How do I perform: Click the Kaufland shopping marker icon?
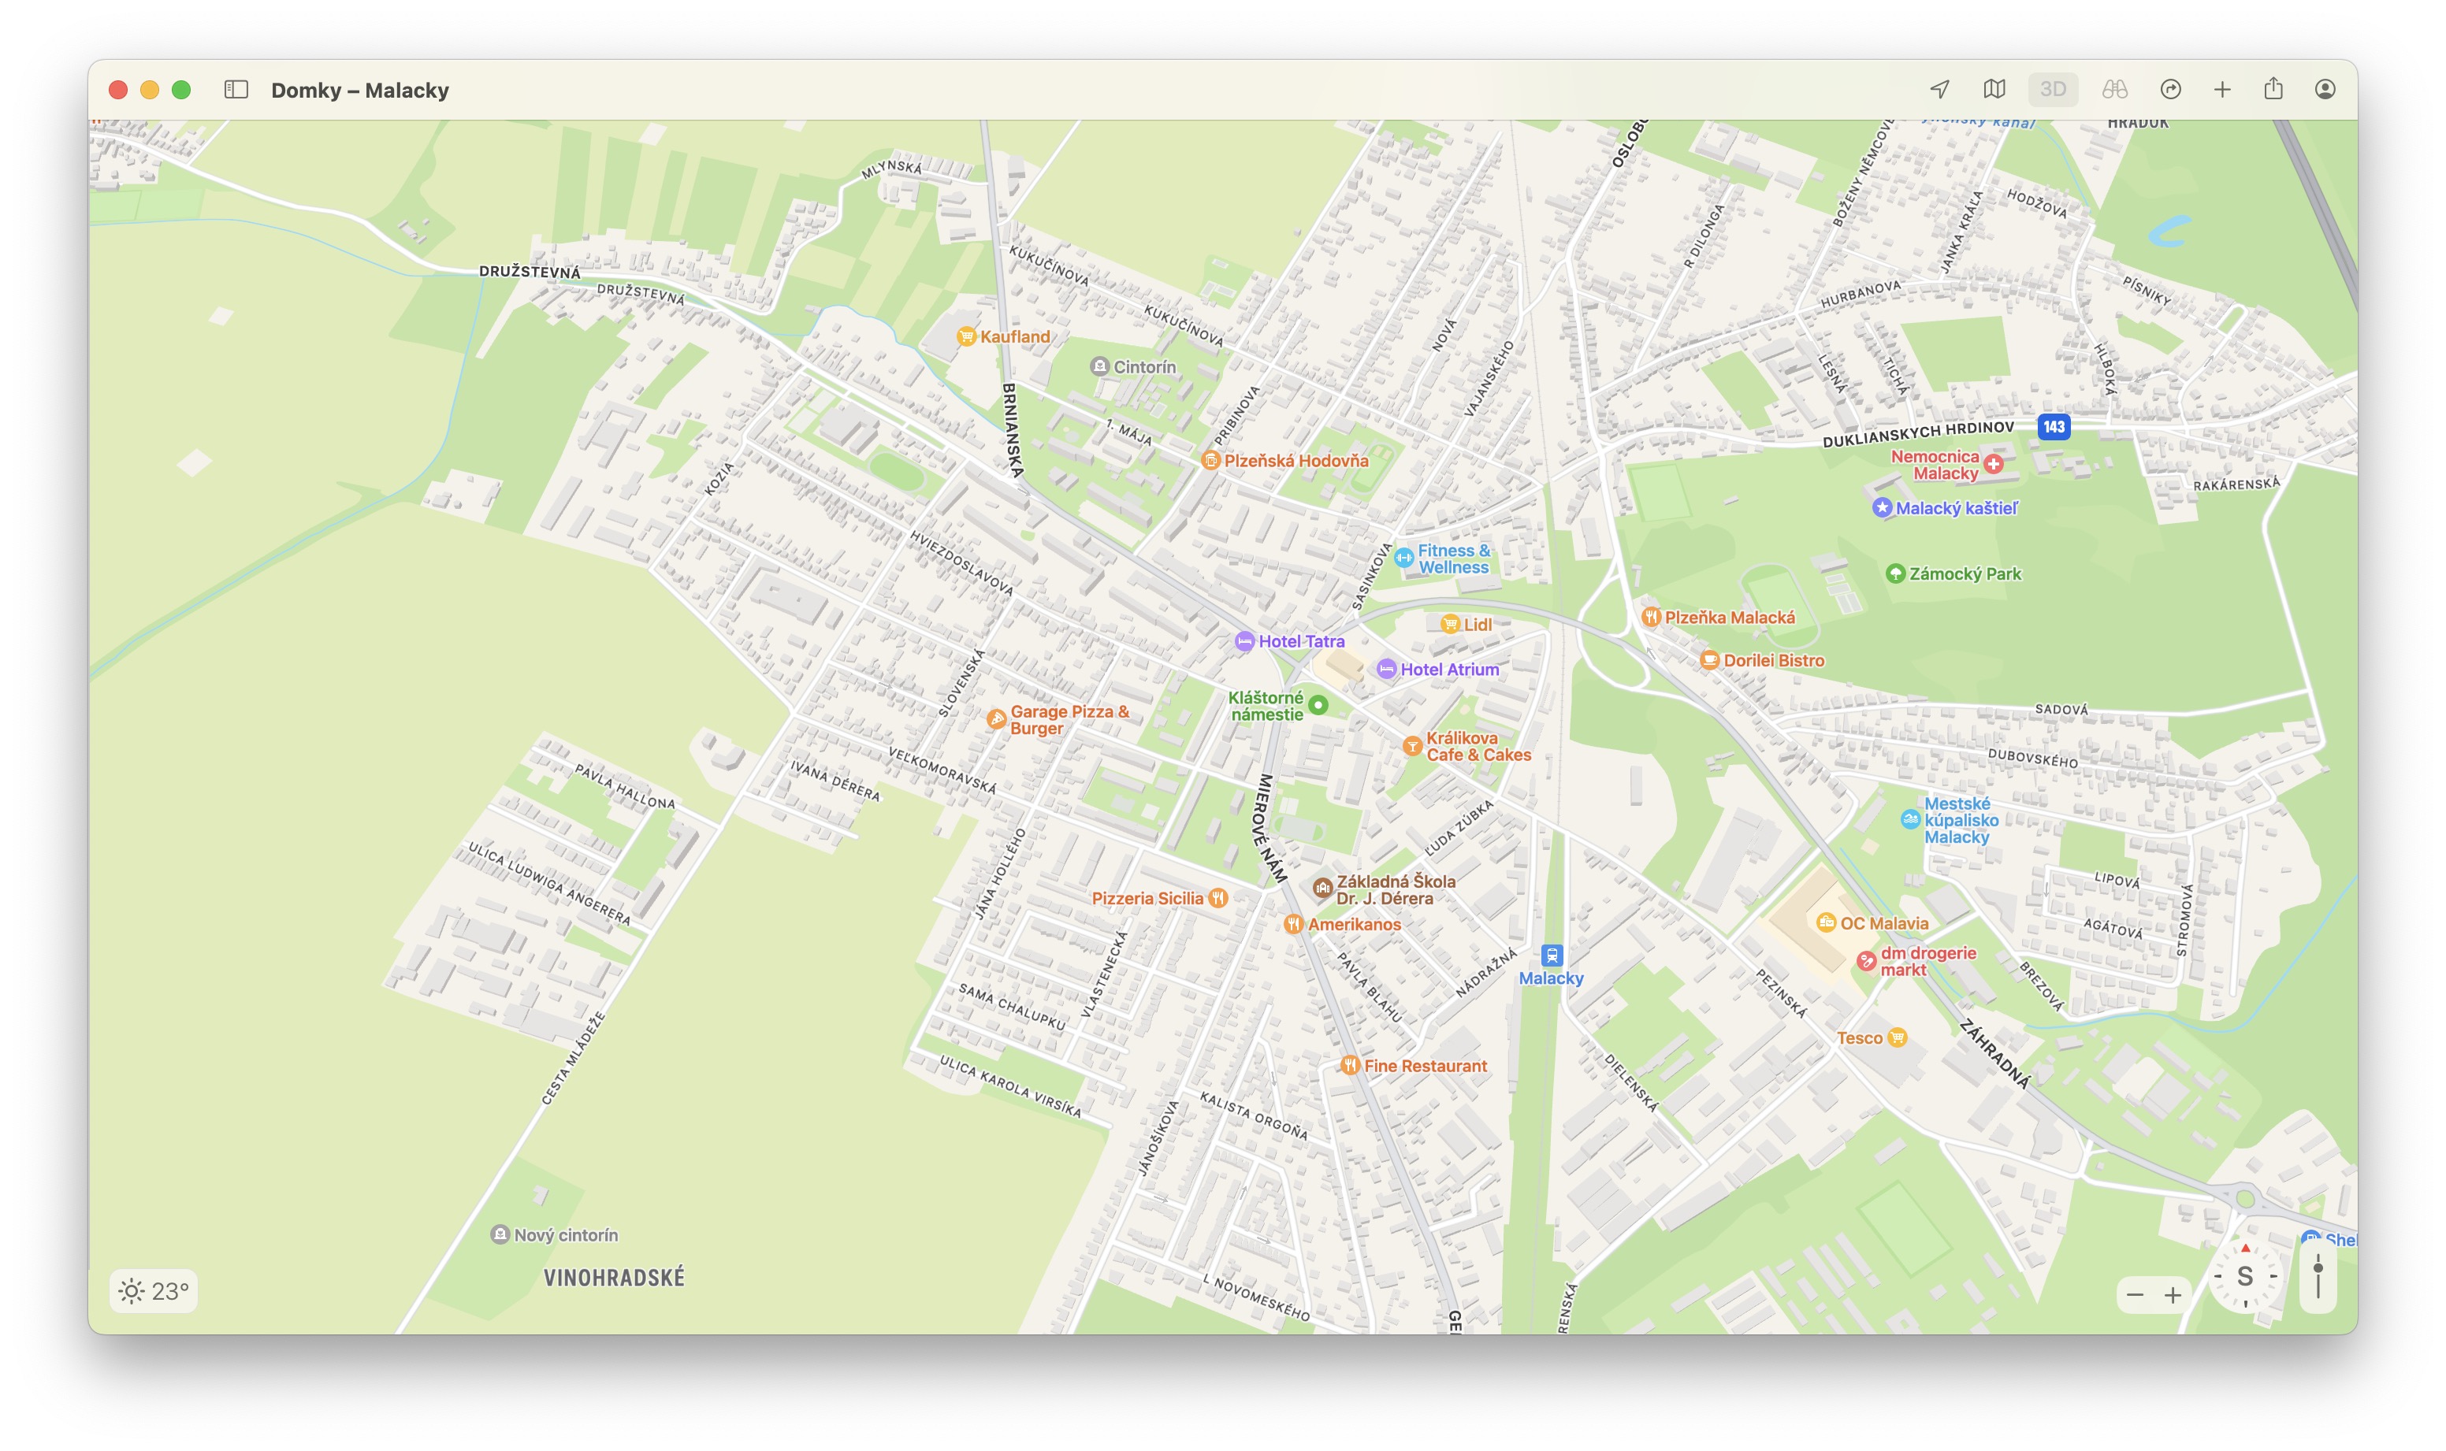coord(966,336)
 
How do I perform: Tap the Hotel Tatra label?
coord(1301,641)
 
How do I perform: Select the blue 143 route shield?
coord(2053,427)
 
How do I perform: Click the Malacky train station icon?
coord(1551,956)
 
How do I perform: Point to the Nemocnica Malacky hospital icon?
coord(1993,465)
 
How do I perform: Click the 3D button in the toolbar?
coord(2052,90)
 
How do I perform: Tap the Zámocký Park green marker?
coord(1894,574)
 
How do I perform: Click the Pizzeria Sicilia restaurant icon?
coord(1217,897)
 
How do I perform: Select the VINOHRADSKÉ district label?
coord(613,1277)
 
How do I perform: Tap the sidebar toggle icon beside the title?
coord(236,90)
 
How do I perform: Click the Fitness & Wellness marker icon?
coord(1403,559)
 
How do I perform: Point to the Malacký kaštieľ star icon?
coord(1882,507)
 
